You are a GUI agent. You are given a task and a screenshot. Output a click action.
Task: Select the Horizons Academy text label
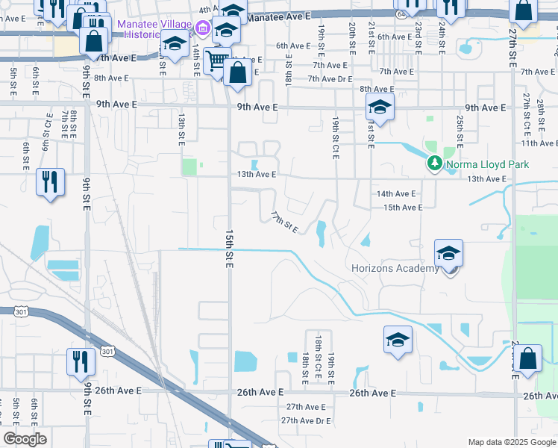(x=395, y=269)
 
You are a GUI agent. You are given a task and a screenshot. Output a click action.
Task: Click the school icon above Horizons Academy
(x=448, y=255)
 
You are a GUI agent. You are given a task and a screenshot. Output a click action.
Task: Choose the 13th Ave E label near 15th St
(x=257, y=174)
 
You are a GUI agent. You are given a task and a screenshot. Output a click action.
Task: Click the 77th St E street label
(x=284, y=221)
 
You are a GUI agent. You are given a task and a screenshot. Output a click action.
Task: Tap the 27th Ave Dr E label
(x=306, y=421)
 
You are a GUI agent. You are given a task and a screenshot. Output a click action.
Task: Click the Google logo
(x=25, y=439)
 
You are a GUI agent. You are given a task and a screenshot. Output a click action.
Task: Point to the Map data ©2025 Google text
(x=511, y=442)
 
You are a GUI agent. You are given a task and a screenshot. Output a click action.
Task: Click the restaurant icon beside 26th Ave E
(x=80, y=361)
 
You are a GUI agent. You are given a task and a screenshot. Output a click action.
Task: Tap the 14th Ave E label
(x=395, y=193)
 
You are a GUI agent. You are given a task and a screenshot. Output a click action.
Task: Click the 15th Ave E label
(x=403, y=207)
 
